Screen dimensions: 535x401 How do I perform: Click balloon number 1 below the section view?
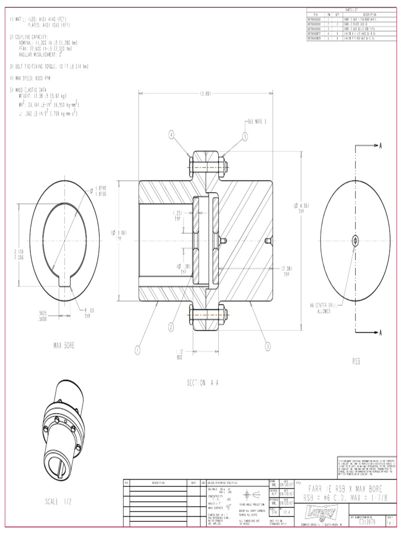[138, 350]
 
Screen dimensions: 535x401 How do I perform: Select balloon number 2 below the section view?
[171, 328]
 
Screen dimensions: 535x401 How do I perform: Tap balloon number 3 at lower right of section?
[268, 345]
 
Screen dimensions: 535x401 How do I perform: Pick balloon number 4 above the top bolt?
[171, 135]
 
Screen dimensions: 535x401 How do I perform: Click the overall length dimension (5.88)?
[205, 94]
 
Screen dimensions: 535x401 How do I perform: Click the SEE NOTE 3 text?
[256, 121]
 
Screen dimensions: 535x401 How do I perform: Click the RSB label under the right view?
[356, 360]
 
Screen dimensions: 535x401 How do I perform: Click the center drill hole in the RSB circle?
[355, 240]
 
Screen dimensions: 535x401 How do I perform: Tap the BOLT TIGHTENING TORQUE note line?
[49, 67]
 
